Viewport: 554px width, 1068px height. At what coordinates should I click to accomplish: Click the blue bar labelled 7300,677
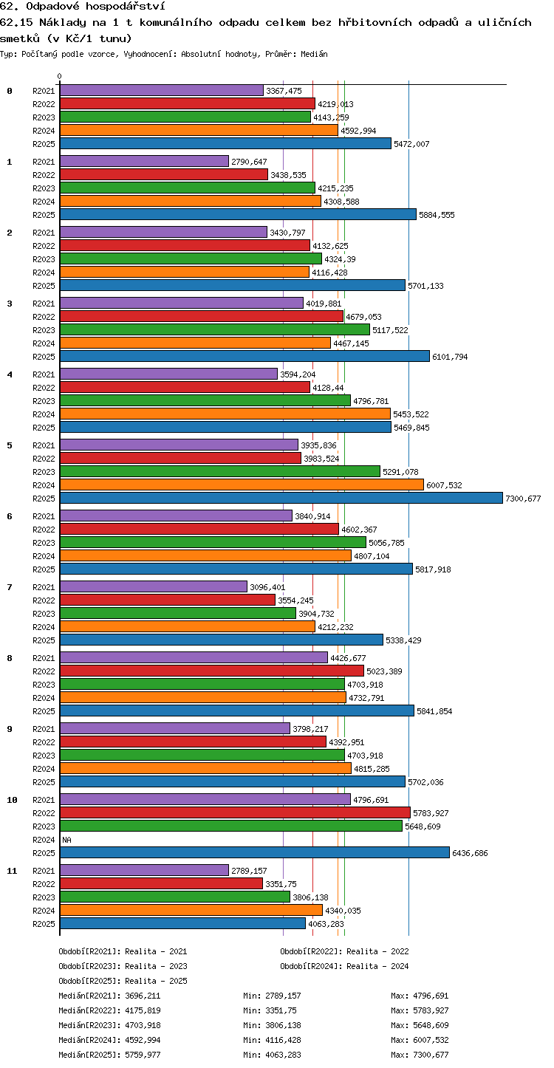[281, 499]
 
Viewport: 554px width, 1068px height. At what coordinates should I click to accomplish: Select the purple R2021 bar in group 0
[162, 91]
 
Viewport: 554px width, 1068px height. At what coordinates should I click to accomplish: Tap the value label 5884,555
[437, 215]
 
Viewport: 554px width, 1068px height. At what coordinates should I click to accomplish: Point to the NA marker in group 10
[66, 840]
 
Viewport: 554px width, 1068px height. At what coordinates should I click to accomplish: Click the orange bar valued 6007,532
[242, 485]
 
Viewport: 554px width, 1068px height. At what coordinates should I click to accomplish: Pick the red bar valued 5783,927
[235, 813]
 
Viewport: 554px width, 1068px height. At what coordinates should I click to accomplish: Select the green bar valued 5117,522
[215, 330]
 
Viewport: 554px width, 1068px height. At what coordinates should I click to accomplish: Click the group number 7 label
[10, 587]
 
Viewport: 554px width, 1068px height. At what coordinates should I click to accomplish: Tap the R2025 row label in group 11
[44, 923]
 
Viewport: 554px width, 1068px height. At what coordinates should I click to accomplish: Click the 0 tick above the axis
[60, 76]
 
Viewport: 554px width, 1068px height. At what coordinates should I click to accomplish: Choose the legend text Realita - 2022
[377, 951]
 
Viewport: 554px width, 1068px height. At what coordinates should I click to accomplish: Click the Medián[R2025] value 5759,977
[143, 1055]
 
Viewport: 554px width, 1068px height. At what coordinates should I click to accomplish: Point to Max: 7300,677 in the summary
[420, 1055]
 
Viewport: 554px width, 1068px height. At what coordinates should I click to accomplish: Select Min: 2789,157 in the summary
[272, 996]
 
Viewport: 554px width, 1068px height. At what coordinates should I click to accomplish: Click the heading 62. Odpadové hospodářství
[83, 6]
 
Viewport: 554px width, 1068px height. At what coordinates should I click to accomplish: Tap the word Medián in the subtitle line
[314, 54]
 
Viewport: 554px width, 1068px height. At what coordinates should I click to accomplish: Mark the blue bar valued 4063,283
[182, 923]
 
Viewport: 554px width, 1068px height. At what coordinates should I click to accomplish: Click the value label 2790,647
[250, 162]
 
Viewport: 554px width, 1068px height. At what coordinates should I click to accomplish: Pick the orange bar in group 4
[225, 414]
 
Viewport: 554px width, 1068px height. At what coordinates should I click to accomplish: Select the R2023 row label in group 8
[44, 685]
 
